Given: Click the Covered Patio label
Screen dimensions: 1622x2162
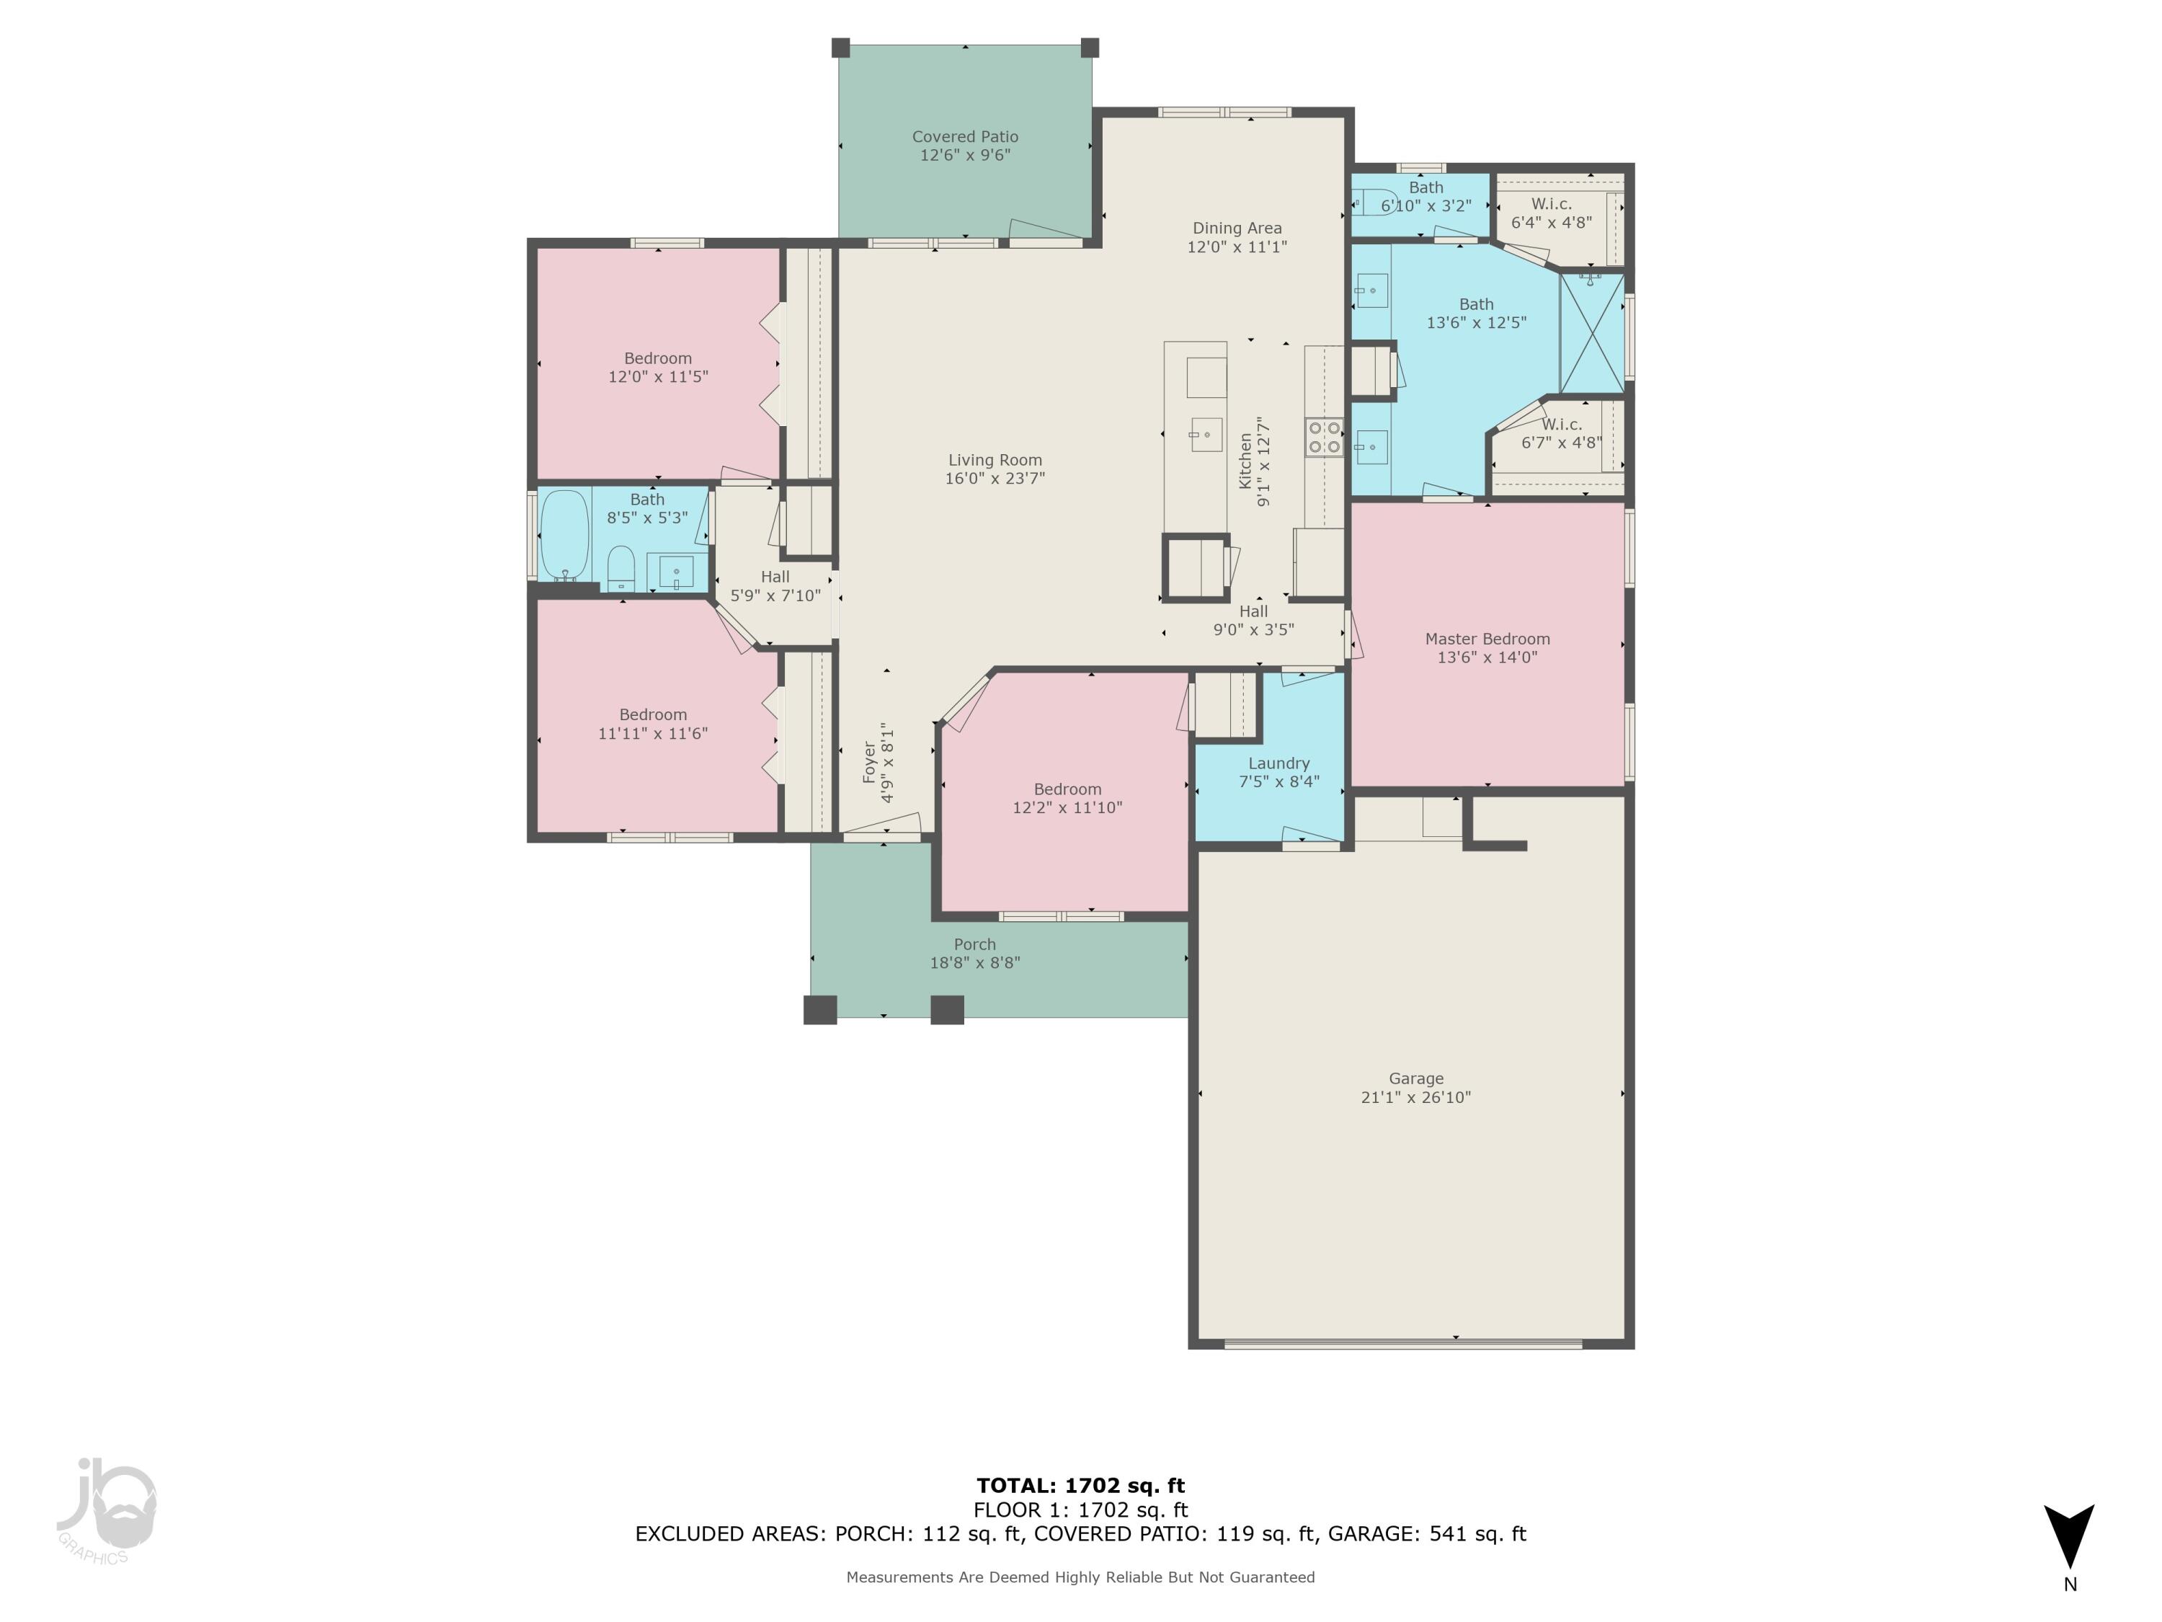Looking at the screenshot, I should point(965,137).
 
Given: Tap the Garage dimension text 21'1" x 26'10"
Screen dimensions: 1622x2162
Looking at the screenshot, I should point(1415,1097).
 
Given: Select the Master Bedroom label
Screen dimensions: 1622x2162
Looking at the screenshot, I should point(1487,639).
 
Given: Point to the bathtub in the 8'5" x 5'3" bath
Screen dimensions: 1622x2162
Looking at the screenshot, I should point(564,535).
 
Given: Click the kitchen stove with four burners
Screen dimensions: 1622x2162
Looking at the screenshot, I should point(1325,437).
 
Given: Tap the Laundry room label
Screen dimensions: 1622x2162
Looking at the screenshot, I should point(1278,763).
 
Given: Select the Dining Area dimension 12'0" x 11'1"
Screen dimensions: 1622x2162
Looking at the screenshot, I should point(1237,247).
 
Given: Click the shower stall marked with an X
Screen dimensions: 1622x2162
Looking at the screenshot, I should point(1592,333).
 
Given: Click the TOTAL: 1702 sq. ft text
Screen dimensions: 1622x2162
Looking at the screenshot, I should point(1080,1486).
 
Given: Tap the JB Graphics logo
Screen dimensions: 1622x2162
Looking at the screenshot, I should point(105,1510).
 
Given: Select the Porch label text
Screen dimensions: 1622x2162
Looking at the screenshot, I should point(974,944).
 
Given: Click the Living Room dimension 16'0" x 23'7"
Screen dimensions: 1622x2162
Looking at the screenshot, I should point(994,478).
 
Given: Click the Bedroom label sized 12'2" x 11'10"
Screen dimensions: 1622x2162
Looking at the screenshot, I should point(1067,789).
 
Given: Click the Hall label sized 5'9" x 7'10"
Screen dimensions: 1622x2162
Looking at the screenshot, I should point(775,577).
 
